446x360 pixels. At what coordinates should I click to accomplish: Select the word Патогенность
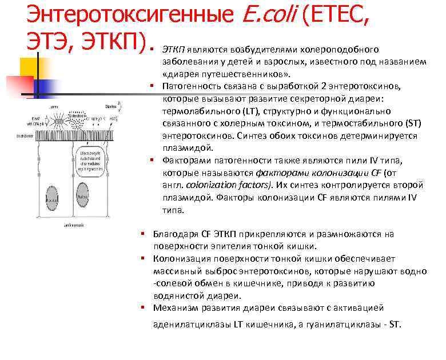click(x=192, y=86)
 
